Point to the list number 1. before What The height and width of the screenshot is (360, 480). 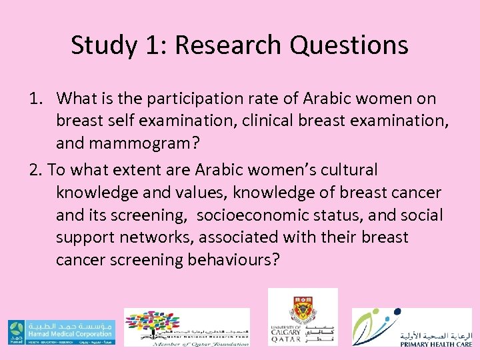coord(36,99)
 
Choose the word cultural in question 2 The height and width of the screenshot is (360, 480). coord(347,170)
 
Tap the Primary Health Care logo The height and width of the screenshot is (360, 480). coord(412,327)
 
